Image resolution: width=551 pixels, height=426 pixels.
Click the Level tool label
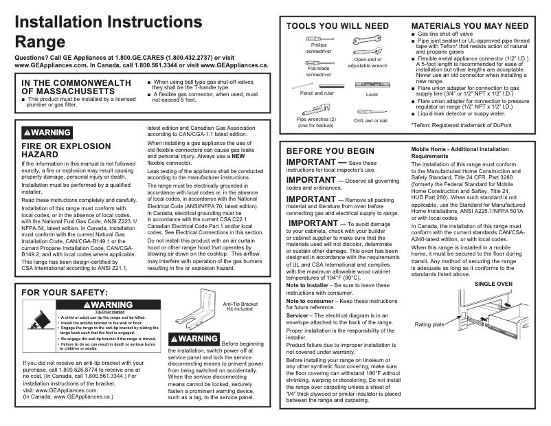(372, 93)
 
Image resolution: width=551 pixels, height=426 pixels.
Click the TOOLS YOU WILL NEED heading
(337, 26)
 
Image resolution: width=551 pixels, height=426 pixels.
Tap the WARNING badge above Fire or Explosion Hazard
(47, 132)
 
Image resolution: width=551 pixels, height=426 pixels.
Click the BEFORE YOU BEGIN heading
(330, 150)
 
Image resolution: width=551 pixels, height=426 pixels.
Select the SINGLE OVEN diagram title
(493, 283)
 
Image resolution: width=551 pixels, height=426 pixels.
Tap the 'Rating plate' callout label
(429, 324)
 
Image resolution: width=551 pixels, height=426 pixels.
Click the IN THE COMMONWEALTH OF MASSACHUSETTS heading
(76, 87)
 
